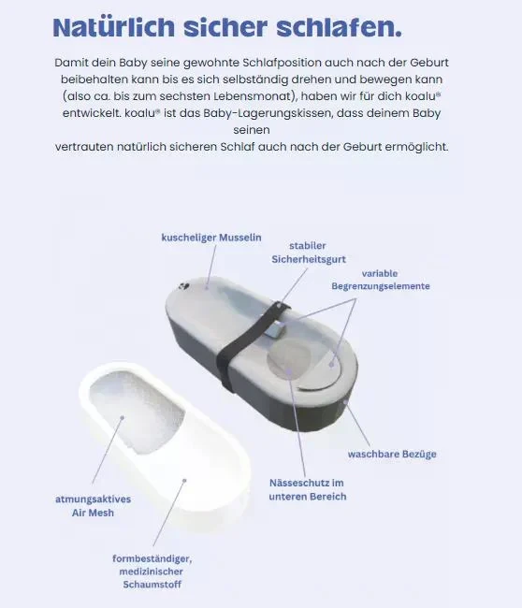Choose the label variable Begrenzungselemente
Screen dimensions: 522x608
click(x=381, y=280)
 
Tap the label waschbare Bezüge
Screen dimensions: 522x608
click(x=392, y=454)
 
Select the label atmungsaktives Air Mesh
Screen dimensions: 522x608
click(x=93, y=505)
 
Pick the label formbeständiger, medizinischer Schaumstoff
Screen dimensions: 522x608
click(x=151, y=572)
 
